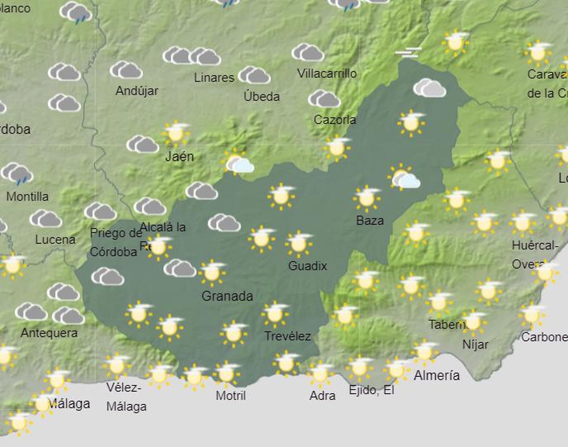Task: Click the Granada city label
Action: click(227, 296)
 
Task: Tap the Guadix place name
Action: click(307, 266)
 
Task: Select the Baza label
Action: click(370, 221)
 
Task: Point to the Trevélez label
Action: click(288, 336)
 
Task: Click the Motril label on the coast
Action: click(231, 395)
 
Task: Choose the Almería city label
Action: click(437, 375)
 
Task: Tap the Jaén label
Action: click(180, 156)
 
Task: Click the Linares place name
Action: click(214, 77)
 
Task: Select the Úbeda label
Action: click(262, 96)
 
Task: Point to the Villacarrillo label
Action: click(327, 74)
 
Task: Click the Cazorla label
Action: click(335, 120)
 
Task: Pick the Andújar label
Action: click(137, 91)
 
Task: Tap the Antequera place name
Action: click(49, 333)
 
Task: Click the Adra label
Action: click(322, 395)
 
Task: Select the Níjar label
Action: click(475, 344)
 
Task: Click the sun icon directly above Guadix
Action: click(299, 243)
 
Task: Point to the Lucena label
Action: click(55, 239)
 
